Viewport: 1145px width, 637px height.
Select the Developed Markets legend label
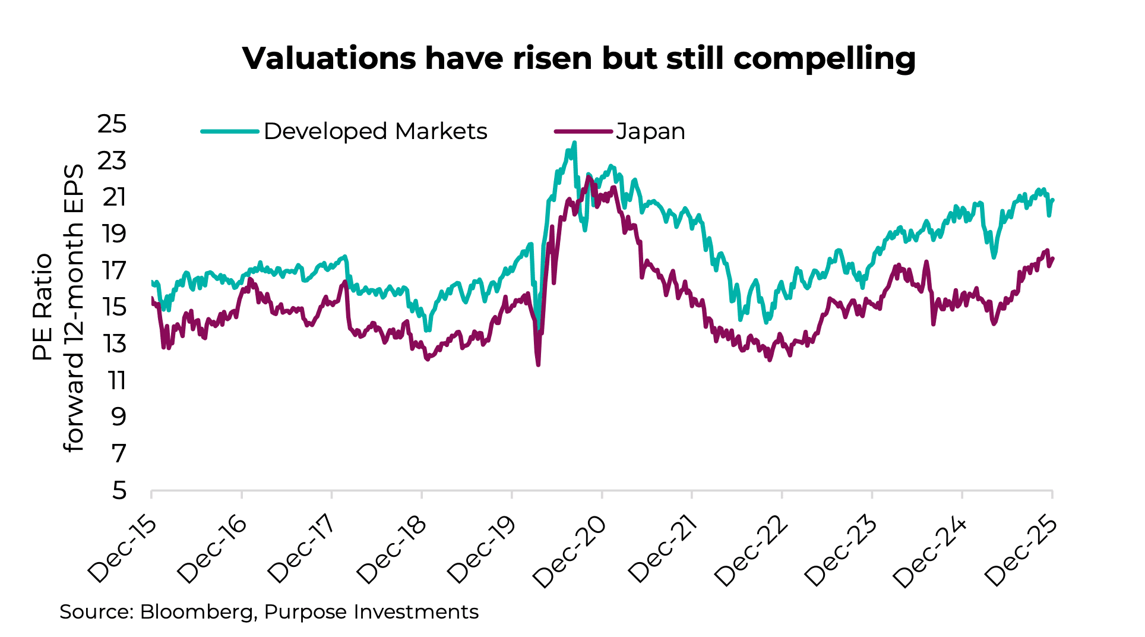point(375,131)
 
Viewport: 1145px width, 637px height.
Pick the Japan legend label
point(650,131)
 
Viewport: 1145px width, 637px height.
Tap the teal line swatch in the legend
point(230,131)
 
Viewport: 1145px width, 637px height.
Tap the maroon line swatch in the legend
point(583,131)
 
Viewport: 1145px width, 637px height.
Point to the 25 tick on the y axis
point(112,124)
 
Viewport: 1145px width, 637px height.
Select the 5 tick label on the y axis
point(119,491)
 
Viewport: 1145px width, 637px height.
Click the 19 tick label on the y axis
point(113,234)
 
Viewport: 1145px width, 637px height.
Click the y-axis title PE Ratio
point(43,307)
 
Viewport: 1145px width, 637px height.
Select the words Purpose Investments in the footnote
point(371,612)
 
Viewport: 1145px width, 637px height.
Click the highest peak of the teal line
point(574,143)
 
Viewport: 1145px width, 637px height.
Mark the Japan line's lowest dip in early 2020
point(538,364)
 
